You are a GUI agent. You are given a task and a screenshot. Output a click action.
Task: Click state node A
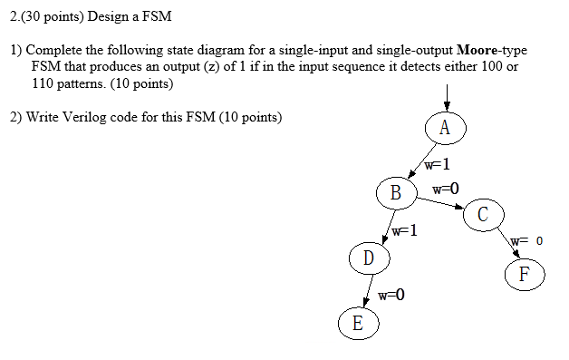[444, 128]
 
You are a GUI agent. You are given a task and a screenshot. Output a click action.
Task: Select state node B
[395, 192]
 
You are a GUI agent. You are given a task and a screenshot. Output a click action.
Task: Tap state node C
[482, 215]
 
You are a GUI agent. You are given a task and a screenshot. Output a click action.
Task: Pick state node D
[368, 258]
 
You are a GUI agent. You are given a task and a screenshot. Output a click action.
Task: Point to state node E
[357, 322]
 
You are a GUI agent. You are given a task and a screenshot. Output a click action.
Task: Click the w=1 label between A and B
[437, 164]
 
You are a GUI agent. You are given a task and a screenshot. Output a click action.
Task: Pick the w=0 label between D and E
[391, 296]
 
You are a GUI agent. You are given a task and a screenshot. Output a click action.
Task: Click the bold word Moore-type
[493, 49]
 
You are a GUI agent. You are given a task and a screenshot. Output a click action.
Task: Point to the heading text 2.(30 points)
[42, 16]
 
